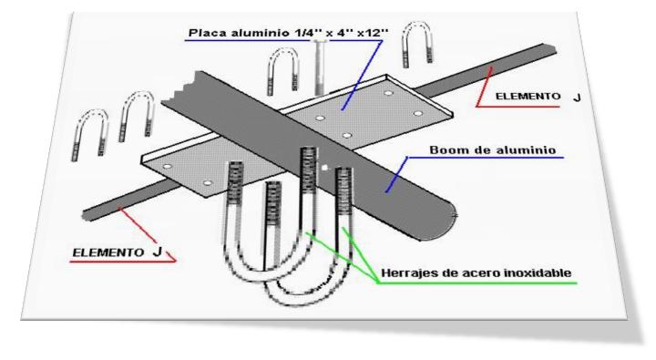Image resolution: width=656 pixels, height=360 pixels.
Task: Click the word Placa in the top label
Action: (x=203, y=33)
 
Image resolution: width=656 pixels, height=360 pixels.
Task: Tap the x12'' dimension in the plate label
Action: (x=373, y=33)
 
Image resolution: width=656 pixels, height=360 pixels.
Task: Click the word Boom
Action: (x=446, y=149)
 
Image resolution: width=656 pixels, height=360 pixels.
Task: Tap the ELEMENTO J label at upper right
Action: (x=538, y=97)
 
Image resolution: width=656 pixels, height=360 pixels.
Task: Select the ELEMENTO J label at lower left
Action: (x=117, y=252)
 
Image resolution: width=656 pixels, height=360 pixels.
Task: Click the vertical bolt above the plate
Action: (x=319, y=67)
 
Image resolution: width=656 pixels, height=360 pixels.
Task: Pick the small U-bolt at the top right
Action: (x=416, y=44)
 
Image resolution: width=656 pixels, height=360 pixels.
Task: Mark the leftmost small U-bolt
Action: (x=90, y=134)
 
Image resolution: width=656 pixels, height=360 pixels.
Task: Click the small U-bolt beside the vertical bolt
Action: (x=282, y=70)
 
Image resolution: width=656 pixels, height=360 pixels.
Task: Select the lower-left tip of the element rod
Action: (x=86, y=216)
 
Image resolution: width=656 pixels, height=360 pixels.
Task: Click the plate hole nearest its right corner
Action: (x=417, y=113)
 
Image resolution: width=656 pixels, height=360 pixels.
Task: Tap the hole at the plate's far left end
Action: (x=167, y=167)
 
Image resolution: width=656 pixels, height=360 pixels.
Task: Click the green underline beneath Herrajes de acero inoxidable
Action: (x=477, y=283)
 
